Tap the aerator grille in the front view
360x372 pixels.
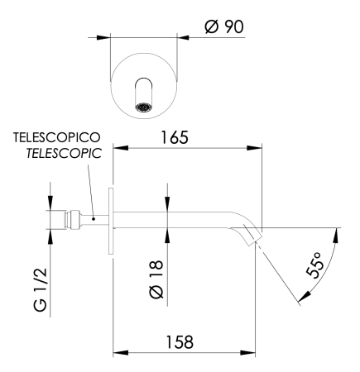point(146,107)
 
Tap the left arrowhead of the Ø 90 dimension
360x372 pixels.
point(105,36)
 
